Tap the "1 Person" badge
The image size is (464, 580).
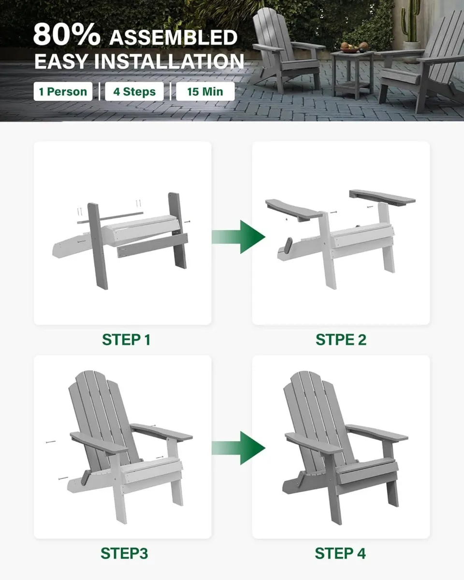pyautogui.click(x=63, y=91)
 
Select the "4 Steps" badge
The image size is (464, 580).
pyautogui.click(x=134, y=91)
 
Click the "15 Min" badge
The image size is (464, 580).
pyautogui.click(x=205, y=91)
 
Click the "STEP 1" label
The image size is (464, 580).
pyautogui.click(x=126, y=340)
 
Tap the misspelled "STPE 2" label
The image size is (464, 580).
pyautogui.click(x=341, y=340)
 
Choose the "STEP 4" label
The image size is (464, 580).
pyautogui.click(x=340, y=553)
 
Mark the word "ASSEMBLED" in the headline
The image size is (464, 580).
pyautogui.click(x=173, y=37)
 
